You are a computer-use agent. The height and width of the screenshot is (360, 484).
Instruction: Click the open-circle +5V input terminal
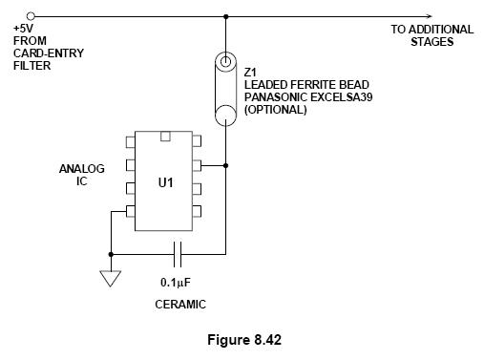(x=31, y=15)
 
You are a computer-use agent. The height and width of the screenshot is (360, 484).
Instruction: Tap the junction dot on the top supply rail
(x=225, y=16)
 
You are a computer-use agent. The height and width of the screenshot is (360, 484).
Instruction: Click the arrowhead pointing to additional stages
(x=430, y=16)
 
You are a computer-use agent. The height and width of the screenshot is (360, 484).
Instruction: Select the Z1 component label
(x=250, y=73)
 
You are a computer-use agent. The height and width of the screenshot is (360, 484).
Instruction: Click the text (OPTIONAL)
(x=276, y=110)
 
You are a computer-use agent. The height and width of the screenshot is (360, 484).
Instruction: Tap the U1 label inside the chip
(x=165, y=182)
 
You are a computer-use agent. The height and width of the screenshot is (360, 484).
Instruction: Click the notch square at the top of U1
(x=165, y=137)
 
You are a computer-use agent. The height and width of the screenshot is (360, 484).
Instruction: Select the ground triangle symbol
(x=111, y=278)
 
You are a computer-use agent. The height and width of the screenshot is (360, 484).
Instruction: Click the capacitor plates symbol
(x=178, y=254)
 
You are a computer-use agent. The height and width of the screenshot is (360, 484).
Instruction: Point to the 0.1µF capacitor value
(x=176, y=283)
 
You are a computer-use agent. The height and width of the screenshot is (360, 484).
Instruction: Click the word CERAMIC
(x=180, y=305)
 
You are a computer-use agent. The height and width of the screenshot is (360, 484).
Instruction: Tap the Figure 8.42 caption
(x=244, y=340)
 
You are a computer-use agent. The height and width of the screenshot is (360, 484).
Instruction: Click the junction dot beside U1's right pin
(x=225, y=165)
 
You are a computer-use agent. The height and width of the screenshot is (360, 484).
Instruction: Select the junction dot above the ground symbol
(x=111, y=254)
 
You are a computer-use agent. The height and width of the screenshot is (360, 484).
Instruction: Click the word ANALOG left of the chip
(x=82, y=169)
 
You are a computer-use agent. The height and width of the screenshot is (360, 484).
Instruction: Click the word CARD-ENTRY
(x=49, y=53)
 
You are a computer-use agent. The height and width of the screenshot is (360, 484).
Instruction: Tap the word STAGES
(x=431, y=42)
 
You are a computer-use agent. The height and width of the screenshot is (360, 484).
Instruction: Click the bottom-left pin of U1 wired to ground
(x=131, y=211)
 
